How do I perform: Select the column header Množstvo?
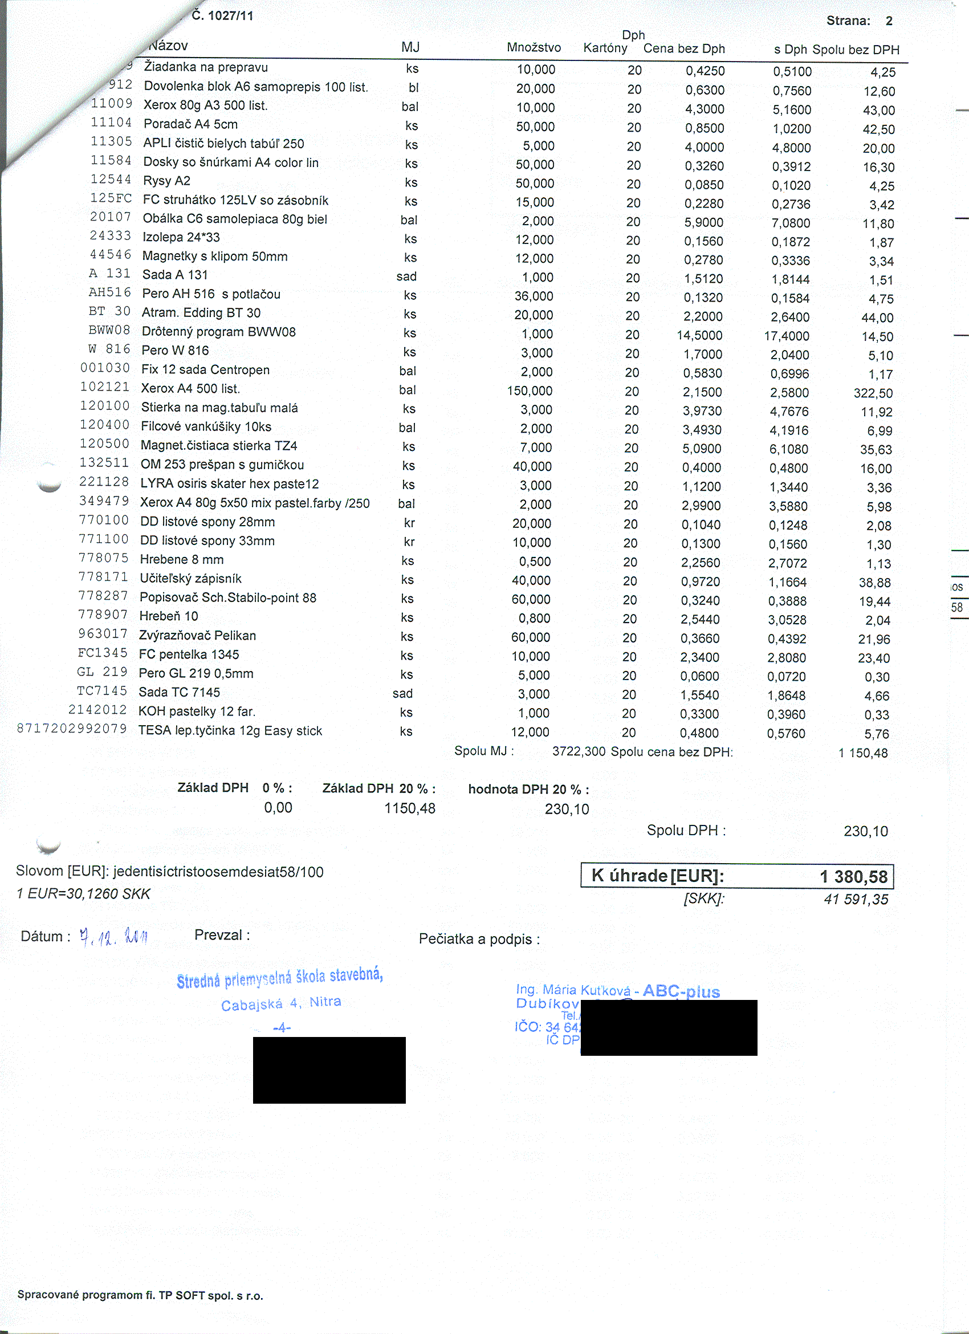pos(534,48)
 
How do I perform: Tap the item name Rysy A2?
pos(166,181)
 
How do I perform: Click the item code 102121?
pos(105,387)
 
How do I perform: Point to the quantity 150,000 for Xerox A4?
pos(530,391)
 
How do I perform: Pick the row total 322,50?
pos(873,393)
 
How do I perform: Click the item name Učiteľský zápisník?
pos(190,579)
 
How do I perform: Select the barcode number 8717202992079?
pos(72,729)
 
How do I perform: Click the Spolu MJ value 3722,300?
pos(578,751)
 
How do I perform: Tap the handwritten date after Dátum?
pos(113,937)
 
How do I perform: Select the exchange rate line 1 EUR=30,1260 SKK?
pos(83,894)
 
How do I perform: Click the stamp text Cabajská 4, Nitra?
pos(281,1003)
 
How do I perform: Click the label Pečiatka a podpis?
pos(479,940)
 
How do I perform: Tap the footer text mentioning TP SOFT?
pos(140,1295)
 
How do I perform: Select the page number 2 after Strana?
pos(889,21)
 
